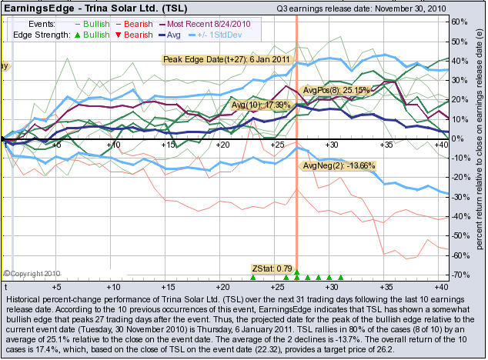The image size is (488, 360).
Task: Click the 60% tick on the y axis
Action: [x=460, y=22]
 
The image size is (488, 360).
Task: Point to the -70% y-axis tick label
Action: [x=460, y=275]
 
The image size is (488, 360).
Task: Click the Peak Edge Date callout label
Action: [x=215, y=58]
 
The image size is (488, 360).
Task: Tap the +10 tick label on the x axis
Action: [x=113, y=144]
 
